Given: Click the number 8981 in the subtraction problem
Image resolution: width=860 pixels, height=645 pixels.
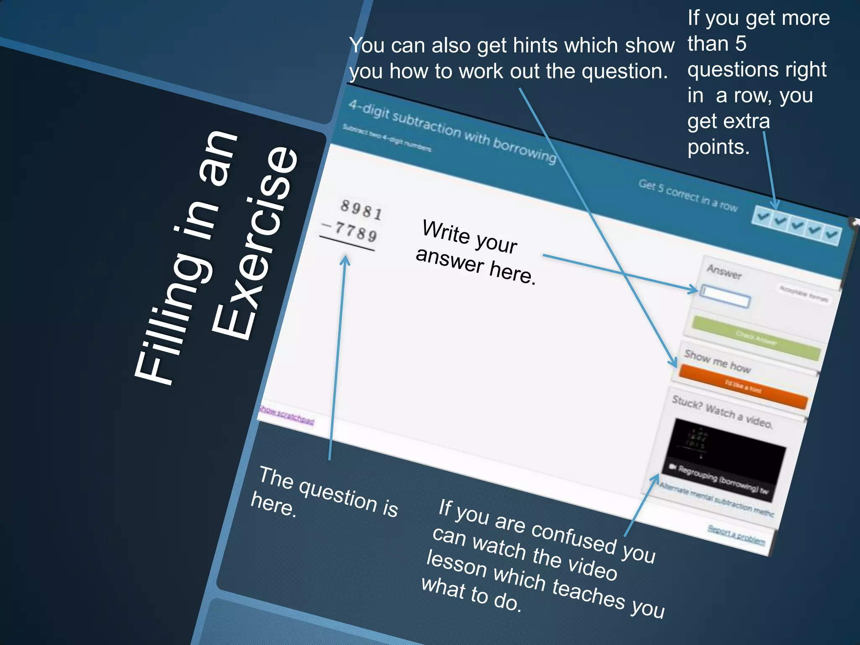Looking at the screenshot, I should [x=361, y=209].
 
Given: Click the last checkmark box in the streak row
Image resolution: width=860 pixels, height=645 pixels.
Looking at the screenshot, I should [x=831, y=234].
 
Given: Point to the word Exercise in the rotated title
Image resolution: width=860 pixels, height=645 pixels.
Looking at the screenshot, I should [x=256, y=244].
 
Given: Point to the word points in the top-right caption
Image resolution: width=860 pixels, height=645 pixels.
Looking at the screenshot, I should [x=718, y=147].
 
